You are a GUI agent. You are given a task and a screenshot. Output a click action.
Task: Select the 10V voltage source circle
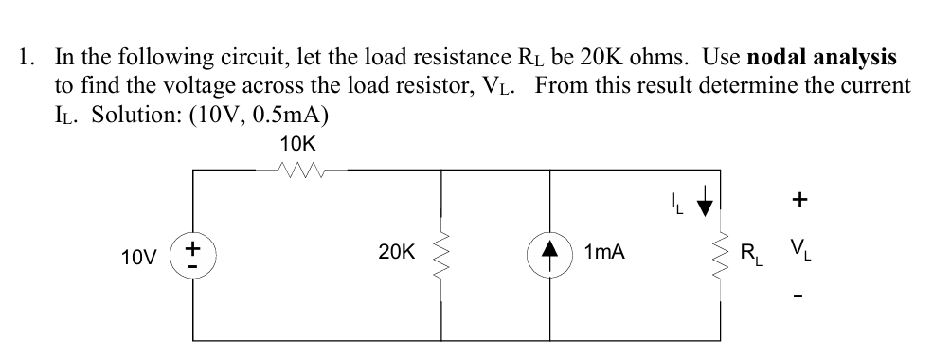[x=193, y=254]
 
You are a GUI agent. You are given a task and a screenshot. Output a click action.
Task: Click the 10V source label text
[x=139, y=255]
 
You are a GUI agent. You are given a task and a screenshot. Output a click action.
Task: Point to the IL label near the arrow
[x=674, y=202]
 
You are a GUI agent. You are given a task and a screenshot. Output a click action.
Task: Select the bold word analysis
[x=860, y=58]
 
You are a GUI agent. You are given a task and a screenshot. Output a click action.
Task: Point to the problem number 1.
[x=26, y=58]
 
